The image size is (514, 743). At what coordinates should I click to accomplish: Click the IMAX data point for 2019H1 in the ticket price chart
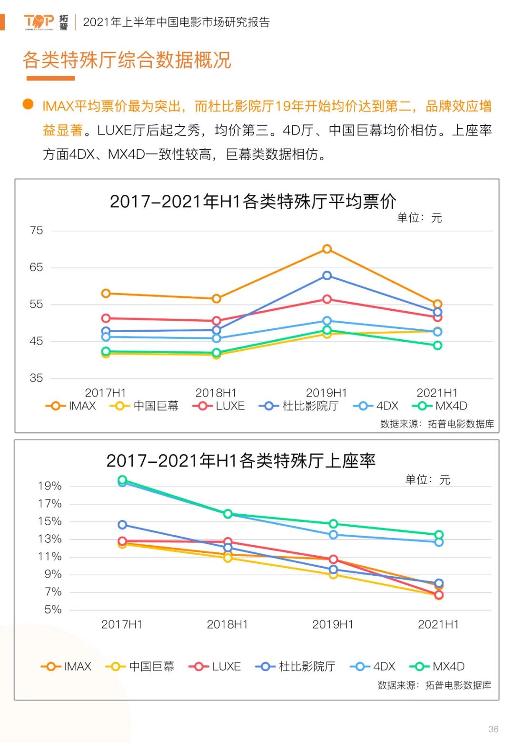tap(327, 249)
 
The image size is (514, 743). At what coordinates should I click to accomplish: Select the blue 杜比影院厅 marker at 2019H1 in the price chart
tap(327, 275)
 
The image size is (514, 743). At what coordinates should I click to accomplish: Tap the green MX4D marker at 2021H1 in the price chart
tap(437, 345)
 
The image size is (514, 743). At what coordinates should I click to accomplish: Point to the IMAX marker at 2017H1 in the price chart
tap(106, 293)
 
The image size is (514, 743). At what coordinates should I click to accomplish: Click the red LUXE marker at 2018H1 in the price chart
tap(217, 321)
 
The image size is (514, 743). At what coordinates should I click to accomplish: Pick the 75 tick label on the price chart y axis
tap(36, 231)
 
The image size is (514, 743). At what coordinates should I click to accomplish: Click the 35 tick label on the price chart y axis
tap(36, 378)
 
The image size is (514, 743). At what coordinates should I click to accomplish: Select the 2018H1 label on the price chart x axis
tap(216, 393)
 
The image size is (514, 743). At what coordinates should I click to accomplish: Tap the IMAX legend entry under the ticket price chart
tap(71, 406)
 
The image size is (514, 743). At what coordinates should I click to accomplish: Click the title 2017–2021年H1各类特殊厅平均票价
tap(253, 202)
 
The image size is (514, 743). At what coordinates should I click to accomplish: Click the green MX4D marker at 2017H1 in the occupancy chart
tap(122, 479)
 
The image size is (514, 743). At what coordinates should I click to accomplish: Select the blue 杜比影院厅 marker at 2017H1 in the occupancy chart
tap(122, 525)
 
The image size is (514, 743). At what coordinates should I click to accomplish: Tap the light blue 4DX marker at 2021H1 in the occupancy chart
tap(439, 542)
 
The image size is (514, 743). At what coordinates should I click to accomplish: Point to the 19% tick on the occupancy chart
tap(50, 486)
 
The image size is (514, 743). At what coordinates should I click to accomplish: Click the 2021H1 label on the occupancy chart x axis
tap(438, 624)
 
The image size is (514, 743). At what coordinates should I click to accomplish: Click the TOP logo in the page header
tap(39, 21)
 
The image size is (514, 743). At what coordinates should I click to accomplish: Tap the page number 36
tap(493, 729)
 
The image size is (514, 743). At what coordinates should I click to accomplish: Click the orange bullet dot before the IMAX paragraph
tap(28, 104)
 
